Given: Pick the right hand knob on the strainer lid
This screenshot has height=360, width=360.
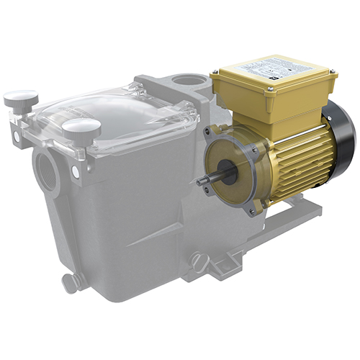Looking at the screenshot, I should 81,129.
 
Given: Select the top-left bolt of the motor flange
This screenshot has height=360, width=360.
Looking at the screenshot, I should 209,132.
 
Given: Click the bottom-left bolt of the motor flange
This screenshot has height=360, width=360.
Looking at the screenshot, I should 209,192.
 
